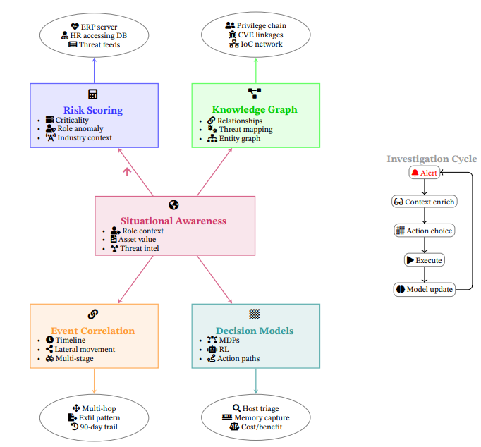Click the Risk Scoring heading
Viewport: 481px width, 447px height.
coord(93,110)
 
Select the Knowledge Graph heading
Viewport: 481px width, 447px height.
coord(255,109)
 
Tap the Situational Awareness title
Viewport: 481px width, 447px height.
coord(173,221)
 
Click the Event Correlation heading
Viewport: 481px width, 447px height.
coord(92,331)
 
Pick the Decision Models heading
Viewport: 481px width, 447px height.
coord(255,331)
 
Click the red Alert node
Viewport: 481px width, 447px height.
coord(424,173)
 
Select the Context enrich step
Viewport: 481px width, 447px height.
coord(424,202)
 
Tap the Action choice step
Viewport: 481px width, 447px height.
coord(424,231)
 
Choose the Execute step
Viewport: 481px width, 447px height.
coord(424,260)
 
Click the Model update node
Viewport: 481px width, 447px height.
coord(424,289)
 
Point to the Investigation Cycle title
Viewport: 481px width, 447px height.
coord(432,159)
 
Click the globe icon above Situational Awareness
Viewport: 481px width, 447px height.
coord(174,205)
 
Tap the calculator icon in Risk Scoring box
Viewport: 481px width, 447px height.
coord(93,94)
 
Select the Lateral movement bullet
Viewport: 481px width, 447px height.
coord(85,349)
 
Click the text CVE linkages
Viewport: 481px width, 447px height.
coord(260,35)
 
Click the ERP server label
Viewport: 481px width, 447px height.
coord(98,27)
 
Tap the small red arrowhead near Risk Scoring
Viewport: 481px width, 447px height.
coord(127,170)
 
